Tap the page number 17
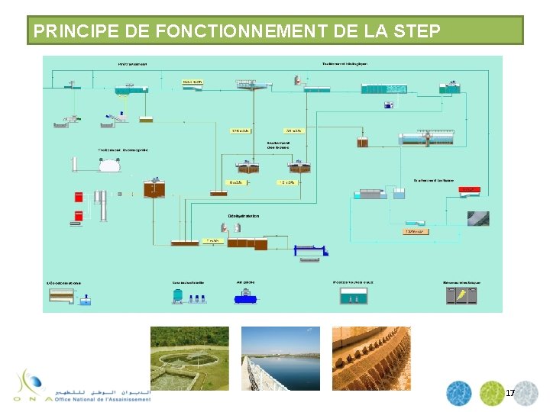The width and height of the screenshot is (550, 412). [x=510, y=393]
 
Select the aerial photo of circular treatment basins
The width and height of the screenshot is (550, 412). [x=189, y=359]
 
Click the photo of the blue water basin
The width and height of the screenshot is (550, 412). [x=280, y=359]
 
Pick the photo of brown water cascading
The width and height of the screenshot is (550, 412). [x=370, y=359]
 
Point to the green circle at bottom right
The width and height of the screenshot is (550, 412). [x=491, y=393]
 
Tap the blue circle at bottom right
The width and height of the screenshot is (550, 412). [x=458, y=393]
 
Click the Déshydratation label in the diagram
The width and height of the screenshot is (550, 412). [x=242, y=216]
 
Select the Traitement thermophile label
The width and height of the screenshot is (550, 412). [x=122, y=150]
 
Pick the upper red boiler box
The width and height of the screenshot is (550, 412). [x=78, y=196]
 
